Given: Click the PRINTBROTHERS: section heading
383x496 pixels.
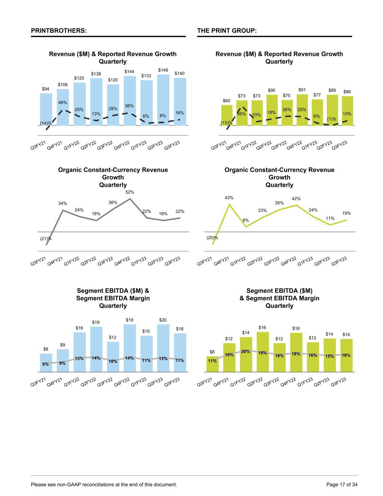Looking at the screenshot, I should click(x=59, y=31).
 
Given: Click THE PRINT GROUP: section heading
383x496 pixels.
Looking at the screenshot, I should click(x=227, y=31).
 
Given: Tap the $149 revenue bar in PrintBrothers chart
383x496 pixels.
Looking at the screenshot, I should click(x=163, y=98).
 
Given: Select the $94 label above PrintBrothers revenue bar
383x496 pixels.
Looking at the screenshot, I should click(x=45, y=89).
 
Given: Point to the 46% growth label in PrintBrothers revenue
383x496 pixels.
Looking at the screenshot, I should click(x=62, y=103).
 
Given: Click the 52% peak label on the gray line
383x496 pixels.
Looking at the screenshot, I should click(x=130, y=192).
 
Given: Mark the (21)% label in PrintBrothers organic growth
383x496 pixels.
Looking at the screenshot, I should click(x=45, y=239).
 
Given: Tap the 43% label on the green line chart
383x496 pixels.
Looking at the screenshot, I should click(x=229, y=198).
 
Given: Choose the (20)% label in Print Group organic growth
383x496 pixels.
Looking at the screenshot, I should click(x=212, y=238).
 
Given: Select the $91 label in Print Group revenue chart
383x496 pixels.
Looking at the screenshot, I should click(x=302, y=89).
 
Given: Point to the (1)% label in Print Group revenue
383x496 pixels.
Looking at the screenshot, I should click(x=331, y=119).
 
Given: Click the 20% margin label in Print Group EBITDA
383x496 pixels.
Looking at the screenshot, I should click(x=246, y=351).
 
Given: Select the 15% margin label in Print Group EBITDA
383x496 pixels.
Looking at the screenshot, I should click(x=330, y=356).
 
